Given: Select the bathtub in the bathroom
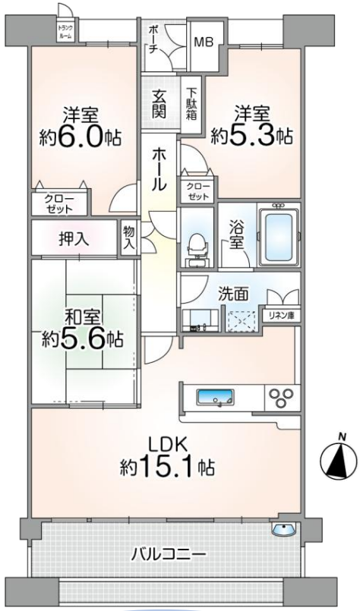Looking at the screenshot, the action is pyautogui.click(x=279, y=239).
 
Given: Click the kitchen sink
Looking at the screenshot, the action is pyautogui.click(x=216, y=398).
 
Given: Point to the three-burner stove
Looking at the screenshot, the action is pyautogui.click(x=283, y=397).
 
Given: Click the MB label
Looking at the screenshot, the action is pyautogui.click(x=204, y=42).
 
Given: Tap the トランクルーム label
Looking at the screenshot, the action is pyautogui.click(x=64, y=32).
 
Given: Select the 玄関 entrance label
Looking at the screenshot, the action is pyautogui.click(x=159, y=104).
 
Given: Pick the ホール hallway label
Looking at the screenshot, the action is pyautogui.click(x=159, y=168).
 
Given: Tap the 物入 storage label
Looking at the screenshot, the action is pyautogui.click(x=128, y=238).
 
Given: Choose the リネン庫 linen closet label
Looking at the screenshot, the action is pyautogui.click(x=282, y=316).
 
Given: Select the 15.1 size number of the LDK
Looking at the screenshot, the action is pyautogui.click(x=169, y=467).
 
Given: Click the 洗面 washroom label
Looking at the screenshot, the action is pyautogui.click(x=233, y=294).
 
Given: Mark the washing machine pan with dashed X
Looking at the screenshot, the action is pyautogui.click(x=241, y=321).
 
